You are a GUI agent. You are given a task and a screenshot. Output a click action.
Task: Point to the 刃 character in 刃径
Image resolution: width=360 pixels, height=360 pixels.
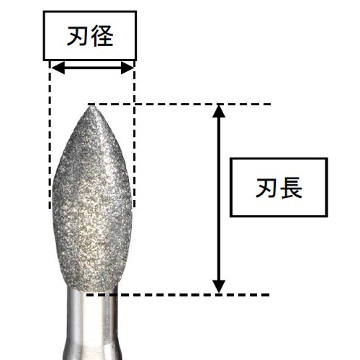(x=78, y=36)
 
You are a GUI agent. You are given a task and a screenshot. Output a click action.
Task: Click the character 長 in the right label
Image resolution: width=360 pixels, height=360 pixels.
(x=292, y=188)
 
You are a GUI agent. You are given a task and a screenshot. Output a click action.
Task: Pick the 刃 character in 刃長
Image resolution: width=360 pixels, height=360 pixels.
(x=267, y=188)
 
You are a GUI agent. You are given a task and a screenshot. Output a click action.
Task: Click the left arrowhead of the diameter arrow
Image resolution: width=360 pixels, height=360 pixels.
(x=58, y=68)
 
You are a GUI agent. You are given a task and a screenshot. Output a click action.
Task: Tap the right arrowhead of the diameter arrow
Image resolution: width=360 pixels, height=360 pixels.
(x=127, y=68)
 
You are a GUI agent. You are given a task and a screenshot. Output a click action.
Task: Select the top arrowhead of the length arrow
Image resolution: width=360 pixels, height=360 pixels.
(x=219, y=111)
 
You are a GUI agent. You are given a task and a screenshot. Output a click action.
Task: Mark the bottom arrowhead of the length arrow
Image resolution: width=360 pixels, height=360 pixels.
(x=219, y=287)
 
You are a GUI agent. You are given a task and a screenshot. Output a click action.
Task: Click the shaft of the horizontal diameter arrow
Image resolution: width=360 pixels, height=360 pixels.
(x=92, y=68)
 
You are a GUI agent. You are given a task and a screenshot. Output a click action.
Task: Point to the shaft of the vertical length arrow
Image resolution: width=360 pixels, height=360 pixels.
(x=219, y=199)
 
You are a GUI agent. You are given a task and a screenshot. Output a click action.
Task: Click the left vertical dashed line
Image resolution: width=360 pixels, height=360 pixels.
(x=50, y=135)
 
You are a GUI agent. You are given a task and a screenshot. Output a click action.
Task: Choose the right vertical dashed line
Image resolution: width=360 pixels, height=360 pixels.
(x=134, y=135)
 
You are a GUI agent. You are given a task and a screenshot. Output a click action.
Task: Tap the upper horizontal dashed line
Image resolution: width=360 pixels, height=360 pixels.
(x=179, y=104)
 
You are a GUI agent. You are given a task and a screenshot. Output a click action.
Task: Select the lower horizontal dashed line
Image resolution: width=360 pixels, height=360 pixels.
(x=178, y=294)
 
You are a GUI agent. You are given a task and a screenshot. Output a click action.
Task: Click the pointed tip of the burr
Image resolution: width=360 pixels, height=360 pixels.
(x=91, y=107)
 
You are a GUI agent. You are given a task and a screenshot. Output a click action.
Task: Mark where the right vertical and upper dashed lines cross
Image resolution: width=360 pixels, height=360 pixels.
(x=134, y=104)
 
